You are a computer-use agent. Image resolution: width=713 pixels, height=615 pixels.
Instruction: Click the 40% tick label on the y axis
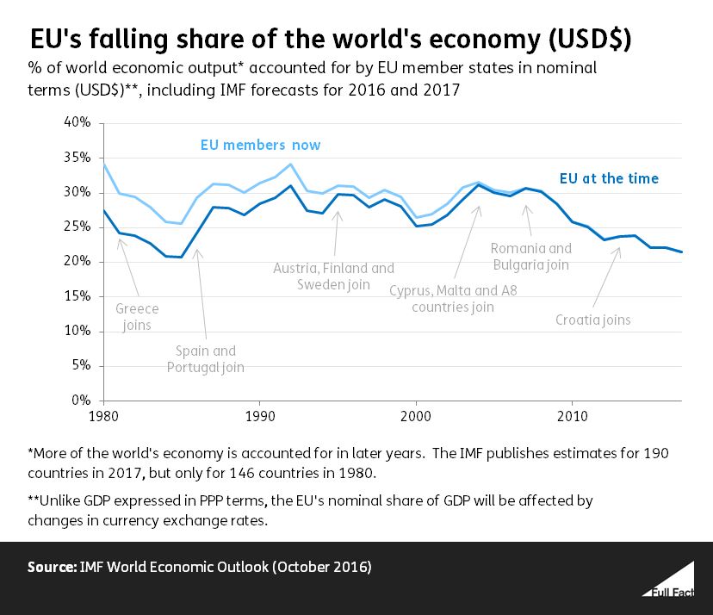[77, 122]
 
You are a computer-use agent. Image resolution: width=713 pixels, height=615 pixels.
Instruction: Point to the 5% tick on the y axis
[80, 365]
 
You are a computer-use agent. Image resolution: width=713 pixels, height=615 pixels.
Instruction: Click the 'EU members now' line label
[260, 145]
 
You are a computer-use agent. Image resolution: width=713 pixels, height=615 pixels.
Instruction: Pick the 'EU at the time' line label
[609, 179]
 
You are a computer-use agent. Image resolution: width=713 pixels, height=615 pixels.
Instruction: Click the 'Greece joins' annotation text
[136, 316]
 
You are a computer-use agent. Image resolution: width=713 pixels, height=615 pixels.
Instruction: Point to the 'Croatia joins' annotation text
[592, 320]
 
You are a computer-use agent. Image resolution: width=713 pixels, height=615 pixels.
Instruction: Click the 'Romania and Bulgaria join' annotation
[530, 257]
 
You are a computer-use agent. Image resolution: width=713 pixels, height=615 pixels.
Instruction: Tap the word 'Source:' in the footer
[53, 568]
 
